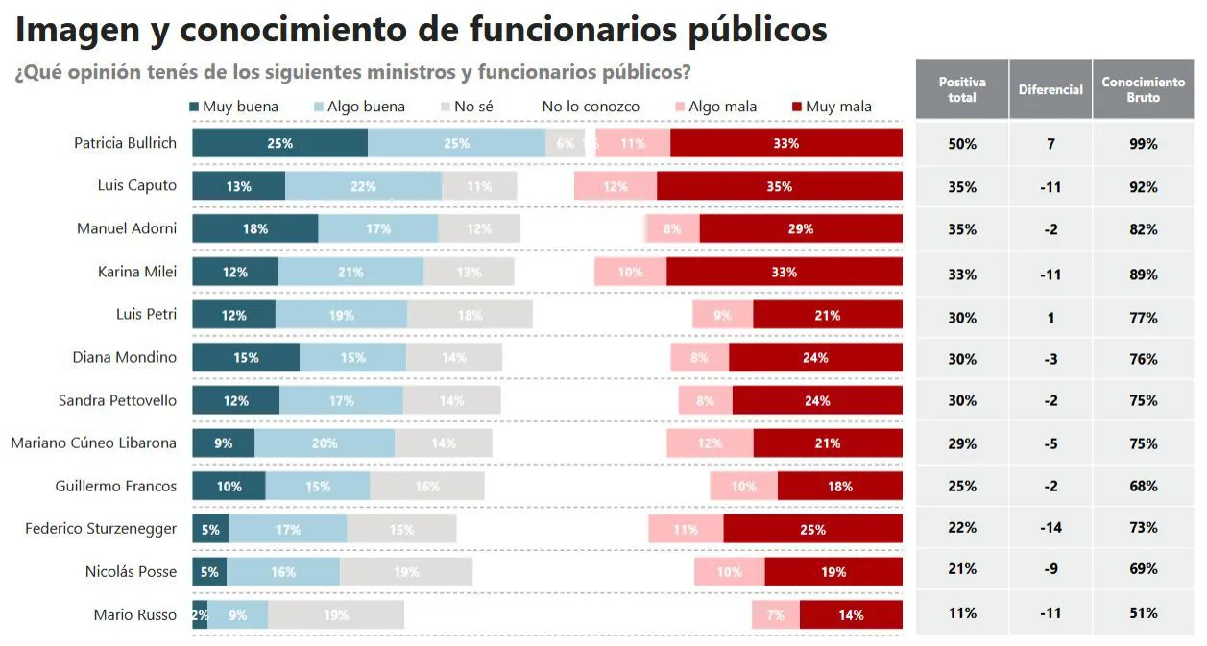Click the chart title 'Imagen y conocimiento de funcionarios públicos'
point(421,30)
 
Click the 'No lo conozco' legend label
point(590,107)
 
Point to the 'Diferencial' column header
point(1050,89)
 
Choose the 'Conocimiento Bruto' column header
point(1143,89)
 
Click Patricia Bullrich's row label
point(125,143)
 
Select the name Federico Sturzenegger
point(101,529)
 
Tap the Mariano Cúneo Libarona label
point(93,443)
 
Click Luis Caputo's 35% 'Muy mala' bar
point(779,186)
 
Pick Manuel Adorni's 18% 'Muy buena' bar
point(254,228)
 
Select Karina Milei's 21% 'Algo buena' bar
point(350,272)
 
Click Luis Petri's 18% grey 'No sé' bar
point(470,315)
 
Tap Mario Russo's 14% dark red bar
point(851,615)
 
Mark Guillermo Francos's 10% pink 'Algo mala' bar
point(743,487)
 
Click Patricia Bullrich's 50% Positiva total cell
point(961,144)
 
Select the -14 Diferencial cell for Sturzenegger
point(1050,528)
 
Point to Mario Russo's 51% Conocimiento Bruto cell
point(1143,613)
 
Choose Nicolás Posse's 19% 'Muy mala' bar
point(833,572)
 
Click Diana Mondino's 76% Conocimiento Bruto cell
point(1143,359)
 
